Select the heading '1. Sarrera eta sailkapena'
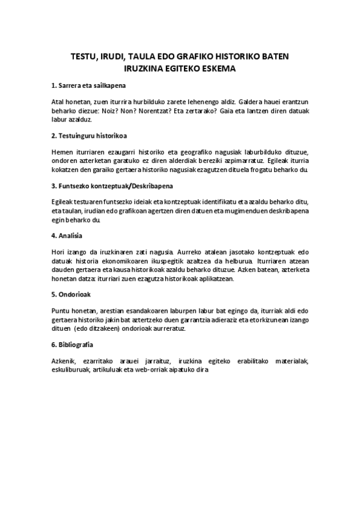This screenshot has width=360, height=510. coord(88,86)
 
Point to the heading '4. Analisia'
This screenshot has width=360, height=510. coord(67,235)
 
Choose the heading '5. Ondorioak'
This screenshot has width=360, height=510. coord(72,295)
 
